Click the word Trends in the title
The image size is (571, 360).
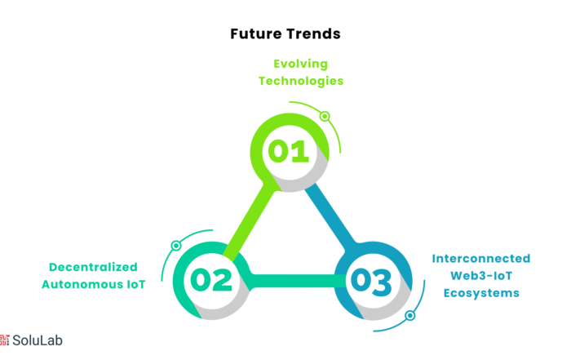point(313,34)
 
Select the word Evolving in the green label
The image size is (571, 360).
point(301,64)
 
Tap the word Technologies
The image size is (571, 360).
point(301,81)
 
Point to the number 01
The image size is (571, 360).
point(289,151)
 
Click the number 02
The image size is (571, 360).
point(211,280)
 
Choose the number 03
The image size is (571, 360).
point(371,281)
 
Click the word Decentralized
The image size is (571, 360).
point(93,267)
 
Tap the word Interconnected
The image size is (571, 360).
point(481,258)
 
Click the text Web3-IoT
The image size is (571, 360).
point(481,276)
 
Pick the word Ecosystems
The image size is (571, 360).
point(481,293)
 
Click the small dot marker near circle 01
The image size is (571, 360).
point(325,116)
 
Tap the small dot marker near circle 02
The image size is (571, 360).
point(176,246)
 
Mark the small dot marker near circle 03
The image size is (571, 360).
point(410,316)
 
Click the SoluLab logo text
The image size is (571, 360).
point(38,340)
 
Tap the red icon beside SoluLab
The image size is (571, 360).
point(4,340)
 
